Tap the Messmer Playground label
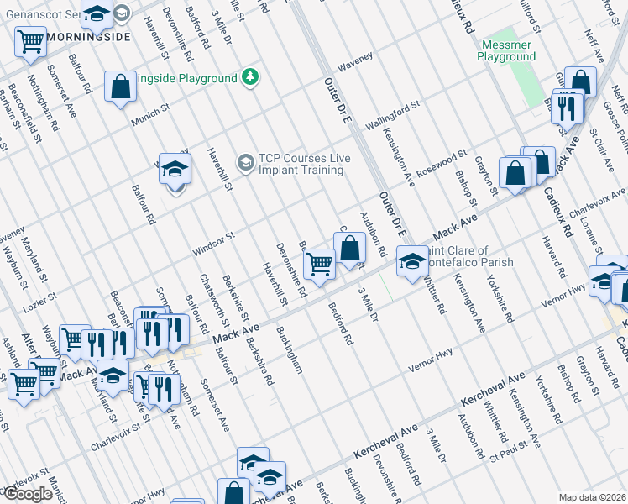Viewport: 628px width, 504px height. click(506, 50)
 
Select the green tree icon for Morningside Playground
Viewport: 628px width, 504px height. click(249, 77)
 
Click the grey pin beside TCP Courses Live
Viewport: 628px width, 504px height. click(245, 161)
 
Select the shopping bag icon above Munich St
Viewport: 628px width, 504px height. click(121, 86)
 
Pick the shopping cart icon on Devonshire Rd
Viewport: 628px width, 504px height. click(319, 264)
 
